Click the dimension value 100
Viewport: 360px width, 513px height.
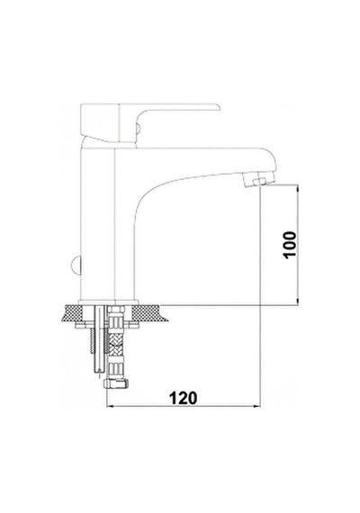click(290, 245)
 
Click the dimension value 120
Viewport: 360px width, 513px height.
click(184, 398)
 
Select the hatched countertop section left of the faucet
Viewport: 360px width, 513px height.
click(71, 313)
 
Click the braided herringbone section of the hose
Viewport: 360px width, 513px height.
click(117, 346)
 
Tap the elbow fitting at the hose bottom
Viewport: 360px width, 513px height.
click(116, 383)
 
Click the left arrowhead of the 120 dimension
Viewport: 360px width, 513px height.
click(111, 407)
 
